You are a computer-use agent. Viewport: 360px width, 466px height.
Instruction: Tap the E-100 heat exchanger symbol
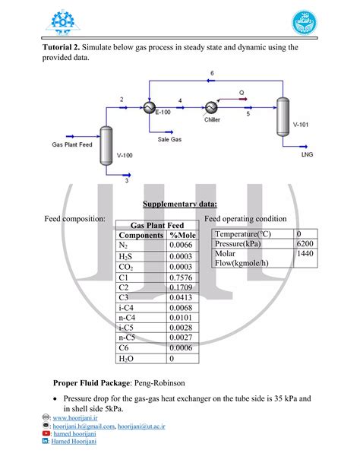[149, 109]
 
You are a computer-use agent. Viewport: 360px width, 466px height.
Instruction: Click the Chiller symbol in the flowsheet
[211, 108]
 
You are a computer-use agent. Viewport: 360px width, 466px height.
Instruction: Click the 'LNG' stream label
[307, 154]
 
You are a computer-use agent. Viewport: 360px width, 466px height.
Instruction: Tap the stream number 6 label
[212, 73]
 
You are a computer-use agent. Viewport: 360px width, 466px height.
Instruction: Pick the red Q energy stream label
[241, 93]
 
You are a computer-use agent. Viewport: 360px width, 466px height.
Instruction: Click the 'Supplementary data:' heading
[180, 203]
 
